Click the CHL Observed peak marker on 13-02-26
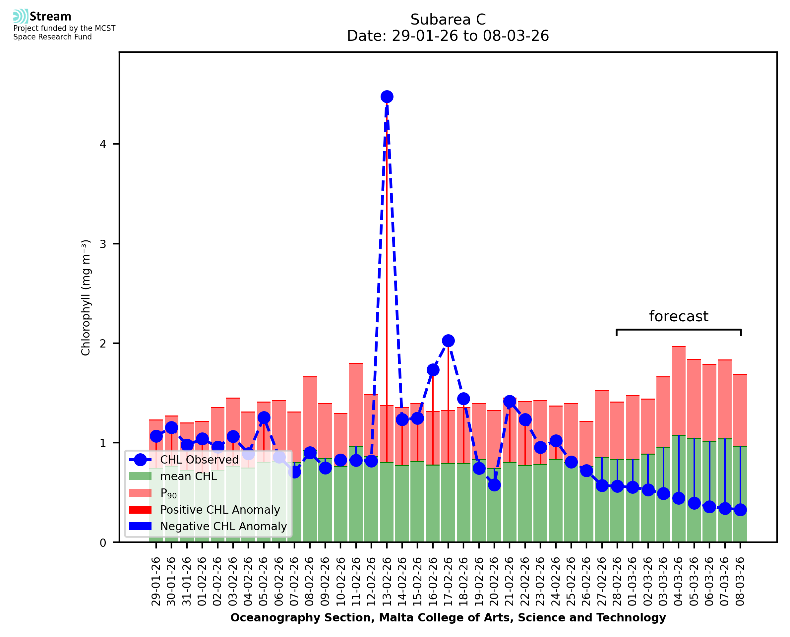point(387,97)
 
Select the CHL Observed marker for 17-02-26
point(448,341)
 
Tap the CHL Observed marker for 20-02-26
point(494,485)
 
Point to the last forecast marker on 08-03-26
point(740,510)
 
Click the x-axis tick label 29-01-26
point(156,582)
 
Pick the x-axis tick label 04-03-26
point(679,582)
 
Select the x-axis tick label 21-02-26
point(510,582)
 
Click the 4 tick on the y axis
point(103,144)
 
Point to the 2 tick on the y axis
point(103,344)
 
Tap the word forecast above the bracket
point(679,316)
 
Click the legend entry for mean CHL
point(189,476)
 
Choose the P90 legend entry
point(168,493)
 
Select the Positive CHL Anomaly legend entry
point(220,510)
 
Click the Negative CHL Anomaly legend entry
point(223,526)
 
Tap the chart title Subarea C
point(448,20)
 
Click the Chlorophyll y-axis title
point(86,297)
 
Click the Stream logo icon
point(21,16)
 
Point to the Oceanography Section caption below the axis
point(448,617)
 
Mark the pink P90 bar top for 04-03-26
point(679,347)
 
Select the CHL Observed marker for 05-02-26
point(264,417)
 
